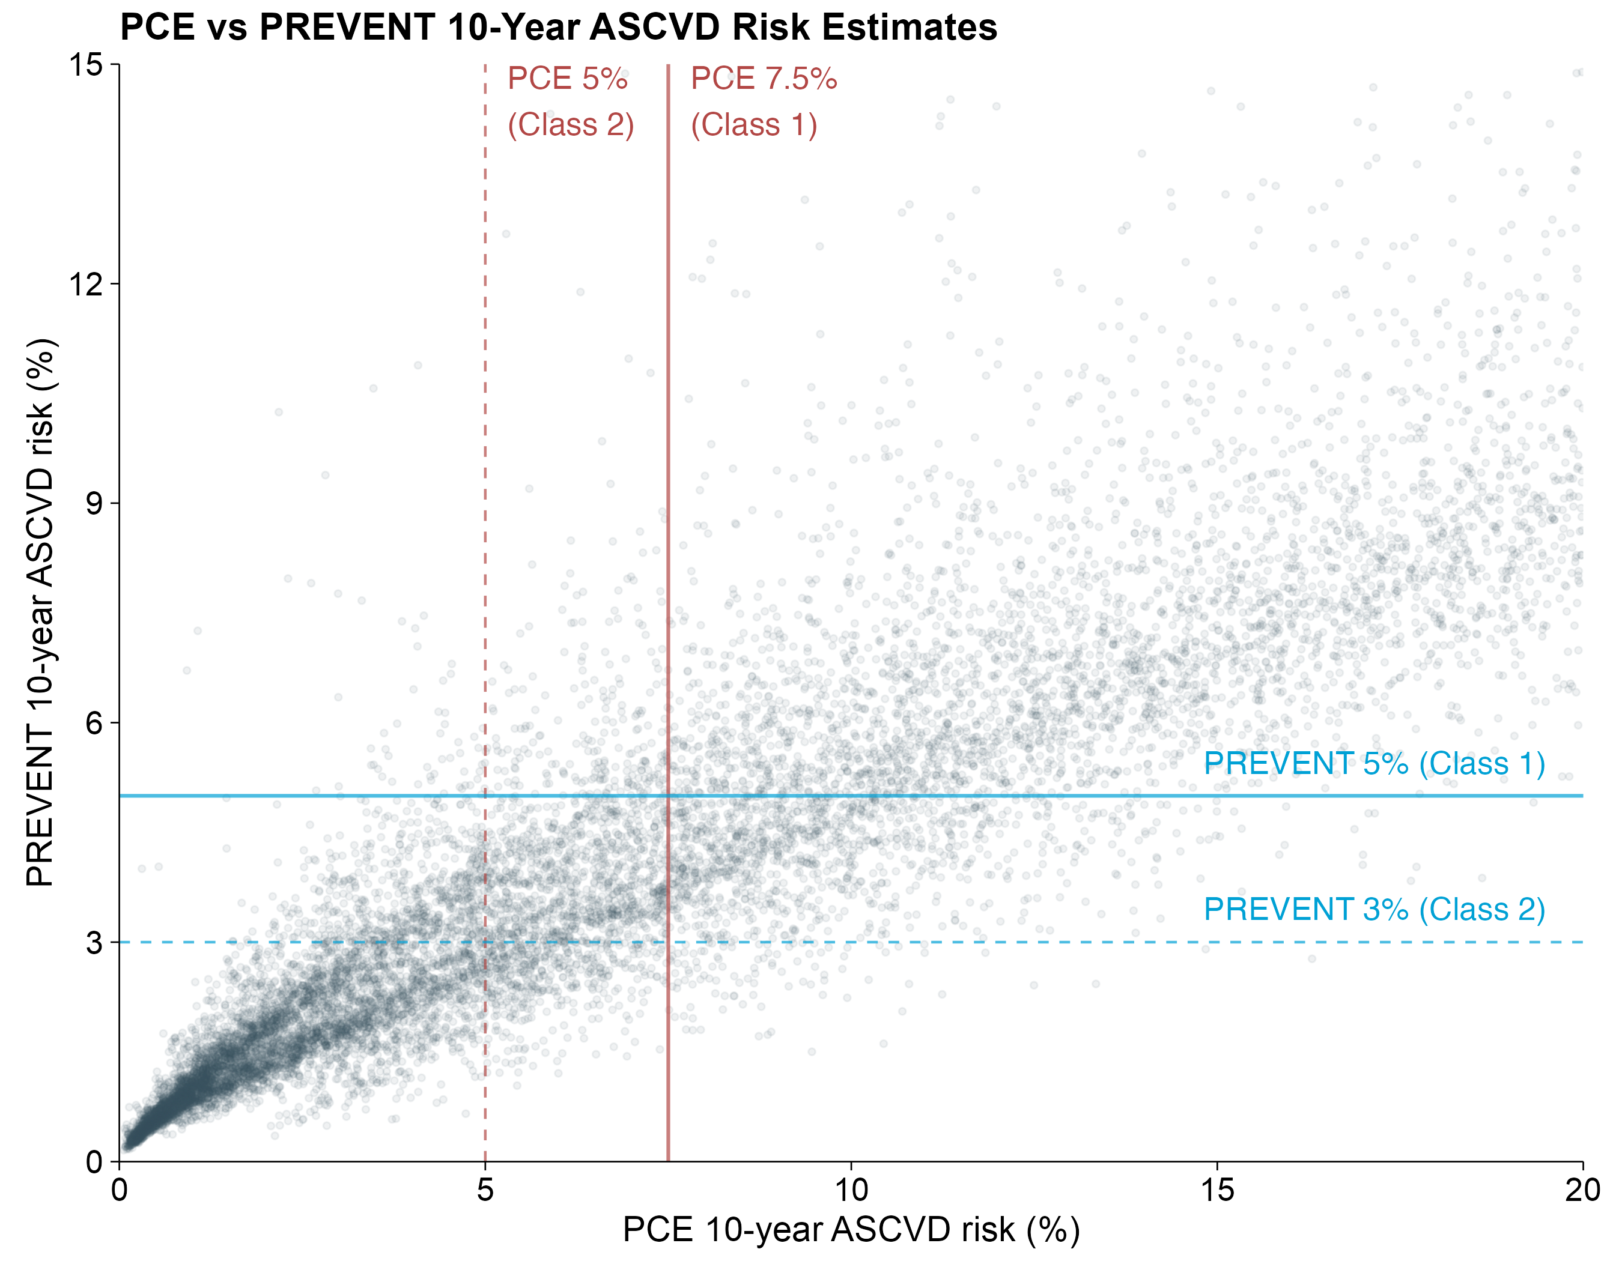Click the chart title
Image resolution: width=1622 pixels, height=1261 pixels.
coord(559,28)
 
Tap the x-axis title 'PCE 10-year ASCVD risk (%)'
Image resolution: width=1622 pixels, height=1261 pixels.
coord(851,1230)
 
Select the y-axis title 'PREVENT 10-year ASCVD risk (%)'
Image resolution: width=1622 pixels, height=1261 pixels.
coord(40,612)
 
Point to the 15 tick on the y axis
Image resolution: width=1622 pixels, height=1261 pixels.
coord(85,65)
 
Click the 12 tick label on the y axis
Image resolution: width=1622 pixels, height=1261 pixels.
coord(85,283)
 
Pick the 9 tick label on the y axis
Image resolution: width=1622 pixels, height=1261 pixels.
coord(94,503)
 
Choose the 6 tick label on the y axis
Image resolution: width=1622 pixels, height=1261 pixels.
coord(94,722)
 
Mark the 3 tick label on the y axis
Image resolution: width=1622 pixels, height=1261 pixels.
coord(94,942)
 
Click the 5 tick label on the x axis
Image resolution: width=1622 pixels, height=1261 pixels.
coord(485,1190)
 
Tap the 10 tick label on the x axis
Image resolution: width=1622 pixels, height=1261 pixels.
coord(851,1190)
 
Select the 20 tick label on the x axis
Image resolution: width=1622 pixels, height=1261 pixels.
coord(1582,1190)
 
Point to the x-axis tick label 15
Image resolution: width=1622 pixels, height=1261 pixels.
coord(1217,1190)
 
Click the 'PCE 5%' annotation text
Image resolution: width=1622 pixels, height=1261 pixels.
coord(568,79)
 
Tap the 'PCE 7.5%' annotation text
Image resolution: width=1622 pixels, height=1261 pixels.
coord(764,79)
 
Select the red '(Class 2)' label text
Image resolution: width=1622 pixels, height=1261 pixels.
coord(570,125)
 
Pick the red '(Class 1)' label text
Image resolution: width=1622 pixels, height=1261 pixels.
coord(754,125)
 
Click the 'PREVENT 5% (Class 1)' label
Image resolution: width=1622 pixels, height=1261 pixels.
coord(1374,764)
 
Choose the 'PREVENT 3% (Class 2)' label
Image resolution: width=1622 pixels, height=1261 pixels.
coord(1374,910)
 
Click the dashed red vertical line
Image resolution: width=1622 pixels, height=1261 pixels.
coord(485,613)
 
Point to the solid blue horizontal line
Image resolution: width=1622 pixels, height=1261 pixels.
coord(851,796)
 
